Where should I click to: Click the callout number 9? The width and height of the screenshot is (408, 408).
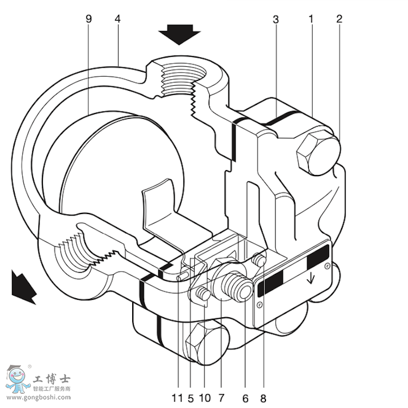tap(89, 18)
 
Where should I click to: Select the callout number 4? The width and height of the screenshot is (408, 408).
tap(118, 18)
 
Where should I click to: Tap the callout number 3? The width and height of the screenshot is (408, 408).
tap(276, 18)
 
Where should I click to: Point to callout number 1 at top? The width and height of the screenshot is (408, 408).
tap(311, 18)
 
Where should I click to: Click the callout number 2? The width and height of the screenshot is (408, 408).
tap(339, 18)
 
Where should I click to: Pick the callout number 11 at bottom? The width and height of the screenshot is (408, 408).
tap(177, 398)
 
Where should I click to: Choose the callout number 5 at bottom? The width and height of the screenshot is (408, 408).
tap(190, 398)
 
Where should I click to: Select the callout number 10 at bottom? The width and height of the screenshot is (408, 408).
tap(206, 398)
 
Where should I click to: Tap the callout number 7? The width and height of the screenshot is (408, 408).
tap(221, 398)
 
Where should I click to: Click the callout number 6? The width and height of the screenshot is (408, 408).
tap(245, 398)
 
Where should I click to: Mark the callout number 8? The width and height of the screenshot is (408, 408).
tap(263, 398)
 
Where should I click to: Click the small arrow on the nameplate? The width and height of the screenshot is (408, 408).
tap(311, 279)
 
